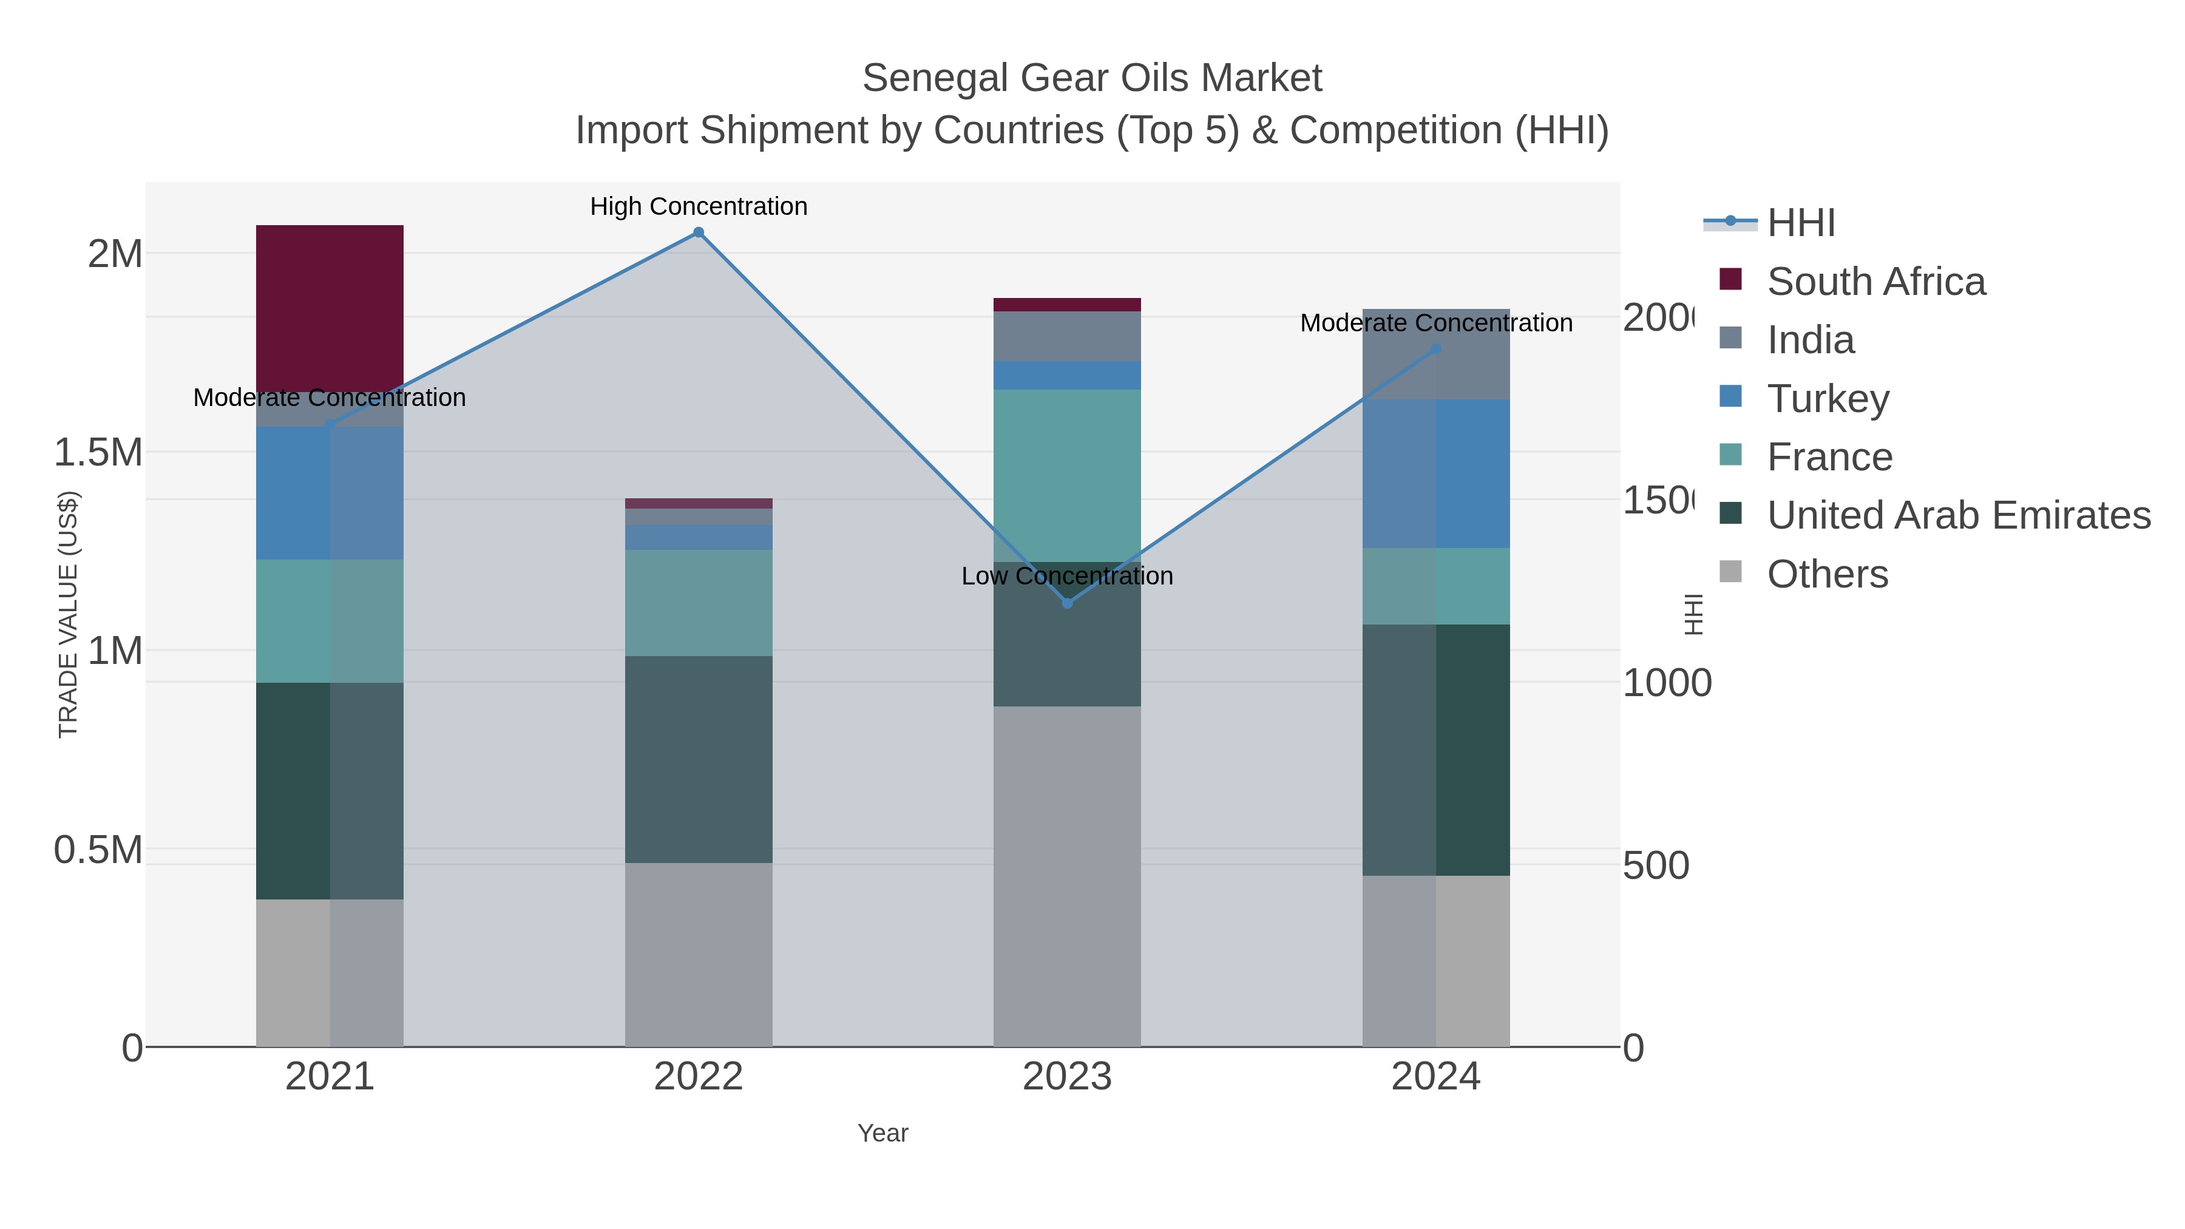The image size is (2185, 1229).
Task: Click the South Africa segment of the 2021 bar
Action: (329, 308)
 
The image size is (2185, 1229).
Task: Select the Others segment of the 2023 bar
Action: (1066, 876)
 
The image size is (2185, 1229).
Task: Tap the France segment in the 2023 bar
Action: (1066, 475)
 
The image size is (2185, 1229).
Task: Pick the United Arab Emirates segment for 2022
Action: (698, 759)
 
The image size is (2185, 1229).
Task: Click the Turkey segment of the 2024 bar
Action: (1435, 473)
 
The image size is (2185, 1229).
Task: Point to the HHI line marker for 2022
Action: (698, 232)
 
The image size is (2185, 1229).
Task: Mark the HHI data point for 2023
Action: (1067, 603)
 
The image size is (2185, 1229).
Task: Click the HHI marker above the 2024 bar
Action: (1435, 348)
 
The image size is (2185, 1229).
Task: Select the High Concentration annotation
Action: (698, 206)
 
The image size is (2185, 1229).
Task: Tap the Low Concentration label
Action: (1066, 576)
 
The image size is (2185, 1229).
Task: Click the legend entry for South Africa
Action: (1875, 282)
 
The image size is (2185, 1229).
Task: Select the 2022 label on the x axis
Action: (698, 1076)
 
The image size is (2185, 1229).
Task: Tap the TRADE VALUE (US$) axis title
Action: (68, 614)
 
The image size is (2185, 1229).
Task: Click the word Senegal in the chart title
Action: (935, 78)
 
